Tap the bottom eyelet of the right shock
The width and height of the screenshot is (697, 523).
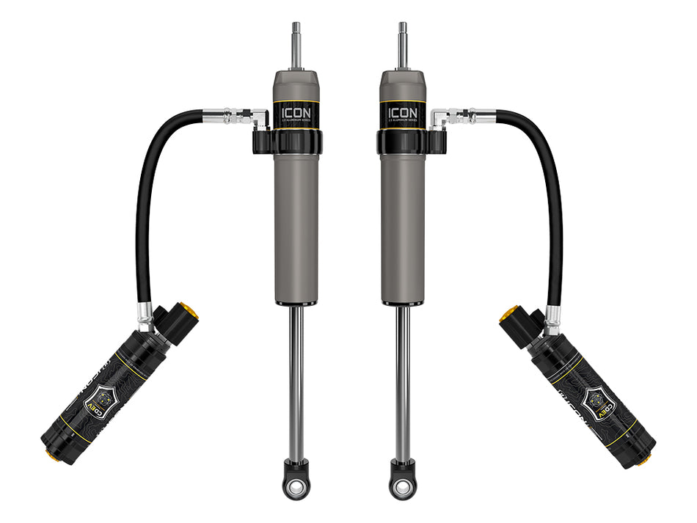click(x=402, y=486)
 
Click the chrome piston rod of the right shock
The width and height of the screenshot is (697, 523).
click(x=402, y=381)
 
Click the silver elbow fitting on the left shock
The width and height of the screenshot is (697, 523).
click(x=258, y=117)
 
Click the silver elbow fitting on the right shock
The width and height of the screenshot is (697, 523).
click(x=440, y=117)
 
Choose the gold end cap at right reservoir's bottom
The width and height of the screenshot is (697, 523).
click(x=645, y=460)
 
